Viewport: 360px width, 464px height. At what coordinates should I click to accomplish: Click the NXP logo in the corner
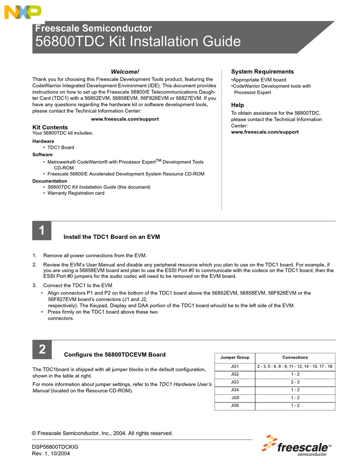tap(22, 13)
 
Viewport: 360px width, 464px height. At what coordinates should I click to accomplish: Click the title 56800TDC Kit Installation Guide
tap(138, 41)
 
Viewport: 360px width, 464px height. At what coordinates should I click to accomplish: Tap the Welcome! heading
tap(125, 72)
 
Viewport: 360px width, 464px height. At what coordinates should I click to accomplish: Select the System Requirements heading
tap(262, 72)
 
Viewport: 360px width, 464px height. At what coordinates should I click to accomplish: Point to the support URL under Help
tap(265, 132)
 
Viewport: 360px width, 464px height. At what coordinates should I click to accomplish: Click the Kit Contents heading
tap(50, 127)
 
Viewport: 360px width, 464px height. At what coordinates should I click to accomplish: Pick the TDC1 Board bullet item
tap(61, 147)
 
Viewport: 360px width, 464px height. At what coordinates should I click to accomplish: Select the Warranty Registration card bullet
tap(76, 193)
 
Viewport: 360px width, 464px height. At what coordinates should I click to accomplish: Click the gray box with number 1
tap(42, 230)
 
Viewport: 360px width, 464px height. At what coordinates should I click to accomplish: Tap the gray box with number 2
tap(42, 349)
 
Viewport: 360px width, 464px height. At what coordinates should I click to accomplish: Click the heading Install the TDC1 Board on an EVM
tap(112, 237)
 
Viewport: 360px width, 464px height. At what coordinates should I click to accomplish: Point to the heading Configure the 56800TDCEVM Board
tap(115, 355)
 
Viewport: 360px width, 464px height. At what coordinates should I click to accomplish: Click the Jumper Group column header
tap(235, 357)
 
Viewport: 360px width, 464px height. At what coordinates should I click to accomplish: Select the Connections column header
tap(295, 357)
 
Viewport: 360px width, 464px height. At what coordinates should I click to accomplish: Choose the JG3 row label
tap(235, 382)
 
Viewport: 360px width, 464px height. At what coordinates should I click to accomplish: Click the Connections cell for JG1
tap(295, 367)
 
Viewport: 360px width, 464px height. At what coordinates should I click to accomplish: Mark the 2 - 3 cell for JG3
tap(295, 382)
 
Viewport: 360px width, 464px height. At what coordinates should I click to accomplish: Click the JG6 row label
tap(235, 406)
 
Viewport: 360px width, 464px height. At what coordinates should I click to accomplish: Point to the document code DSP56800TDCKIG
tap(55, 447)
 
